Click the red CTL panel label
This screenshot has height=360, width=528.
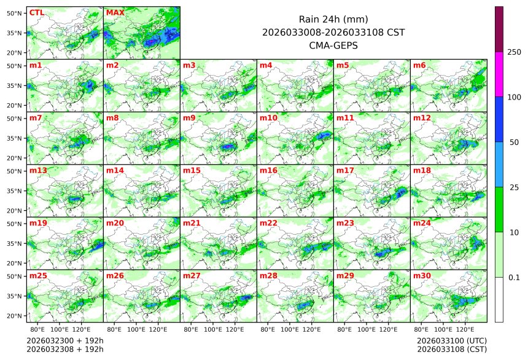coord(36,12)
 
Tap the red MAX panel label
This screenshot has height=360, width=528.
coord(115,12)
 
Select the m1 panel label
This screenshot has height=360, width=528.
coord(36,65)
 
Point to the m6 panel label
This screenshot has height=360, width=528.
coord(419,65)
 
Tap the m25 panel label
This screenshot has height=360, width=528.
coord(38,276)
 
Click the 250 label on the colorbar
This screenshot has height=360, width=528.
coord(514,52)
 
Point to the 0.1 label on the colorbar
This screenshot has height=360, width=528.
coord(514,277)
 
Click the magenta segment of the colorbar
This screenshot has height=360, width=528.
coord(499,74)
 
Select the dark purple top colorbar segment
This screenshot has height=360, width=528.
coord(499,29)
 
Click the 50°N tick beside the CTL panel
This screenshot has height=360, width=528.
coord(15,13)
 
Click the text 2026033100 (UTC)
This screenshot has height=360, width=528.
coord(451,340)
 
